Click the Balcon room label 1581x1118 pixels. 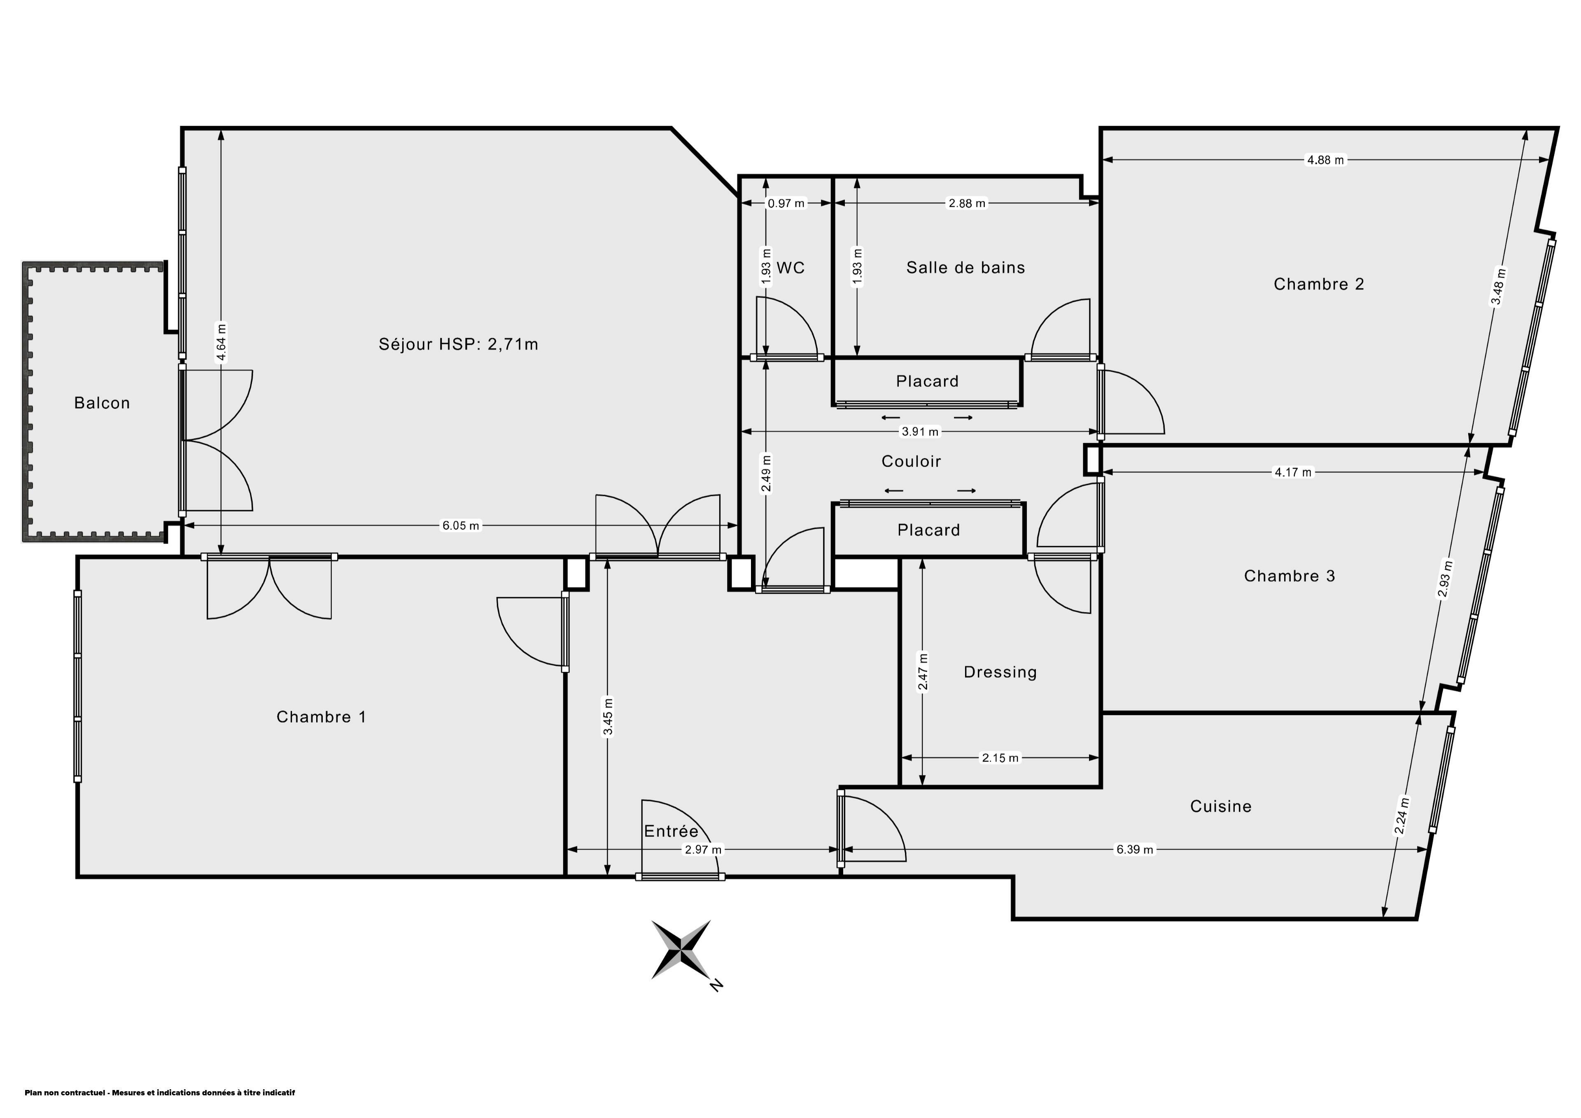(102, 403)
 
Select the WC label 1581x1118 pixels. (790, 267)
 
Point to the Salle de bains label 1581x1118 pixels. (965, 267)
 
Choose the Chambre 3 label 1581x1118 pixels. (1289, 576)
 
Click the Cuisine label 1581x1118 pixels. (1221, 806)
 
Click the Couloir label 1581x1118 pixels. (911, 462)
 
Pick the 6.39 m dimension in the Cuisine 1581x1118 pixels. (1134, 850)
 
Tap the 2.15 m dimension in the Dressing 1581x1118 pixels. (1000, 758)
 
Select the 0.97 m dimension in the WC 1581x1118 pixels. (786, 203)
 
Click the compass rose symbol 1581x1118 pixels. (681, 949)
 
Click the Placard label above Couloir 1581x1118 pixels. (927, 381)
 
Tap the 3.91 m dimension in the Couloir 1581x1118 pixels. (920, 432)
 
